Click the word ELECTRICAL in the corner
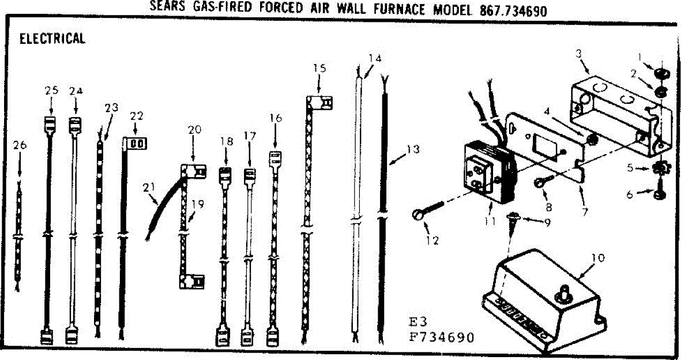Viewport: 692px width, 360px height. pyautogui.click(x=52, y=39)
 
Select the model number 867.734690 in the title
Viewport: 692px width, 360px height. pyautogui.click(x=513, y=10)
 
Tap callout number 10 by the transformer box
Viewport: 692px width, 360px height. pyautogui.click(x=598, y=258)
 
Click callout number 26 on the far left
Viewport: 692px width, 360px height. pyautogui.click(x=20, y=145)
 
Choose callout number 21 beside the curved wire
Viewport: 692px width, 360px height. pyautogui.click(x=149, y=186)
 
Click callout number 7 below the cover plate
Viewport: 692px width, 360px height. pyautogui.click(x=585, y=212)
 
